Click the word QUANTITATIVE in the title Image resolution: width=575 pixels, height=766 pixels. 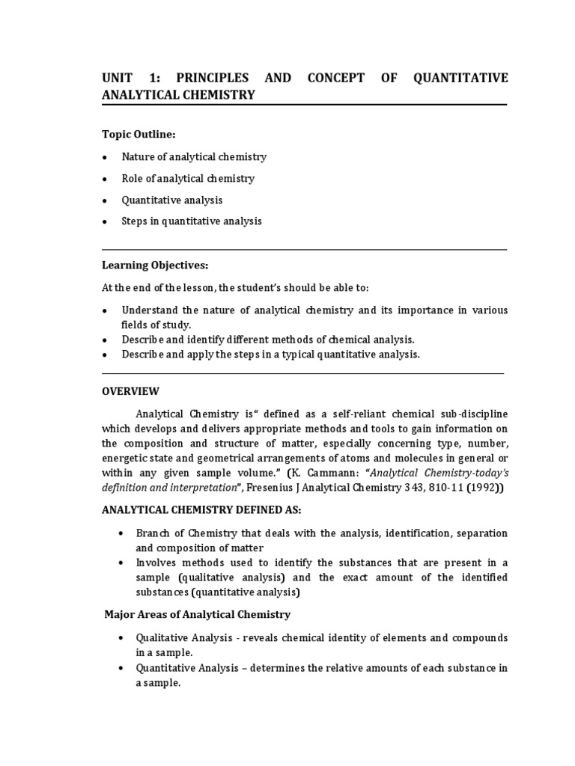(x=459, y=78)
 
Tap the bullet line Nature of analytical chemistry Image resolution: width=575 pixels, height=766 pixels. (x=194, y=157)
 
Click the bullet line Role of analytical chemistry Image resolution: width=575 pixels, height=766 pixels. (x=188, y=179)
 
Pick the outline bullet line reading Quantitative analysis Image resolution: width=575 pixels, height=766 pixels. (x=171, y=200)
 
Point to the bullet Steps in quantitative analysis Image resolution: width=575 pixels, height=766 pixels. (x=192, y=222)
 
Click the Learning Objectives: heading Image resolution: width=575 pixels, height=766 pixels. (x=155, y=266)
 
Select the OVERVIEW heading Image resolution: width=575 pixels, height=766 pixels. (x=130, y=391)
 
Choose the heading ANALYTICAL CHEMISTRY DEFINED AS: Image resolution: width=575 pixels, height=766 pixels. (x=201, y=510)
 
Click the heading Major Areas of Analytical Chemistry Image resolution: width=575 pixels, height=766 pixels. (x=197, y=615)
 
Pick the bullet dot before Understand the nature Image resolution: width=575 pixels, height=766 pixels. (x=106, y=310)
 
